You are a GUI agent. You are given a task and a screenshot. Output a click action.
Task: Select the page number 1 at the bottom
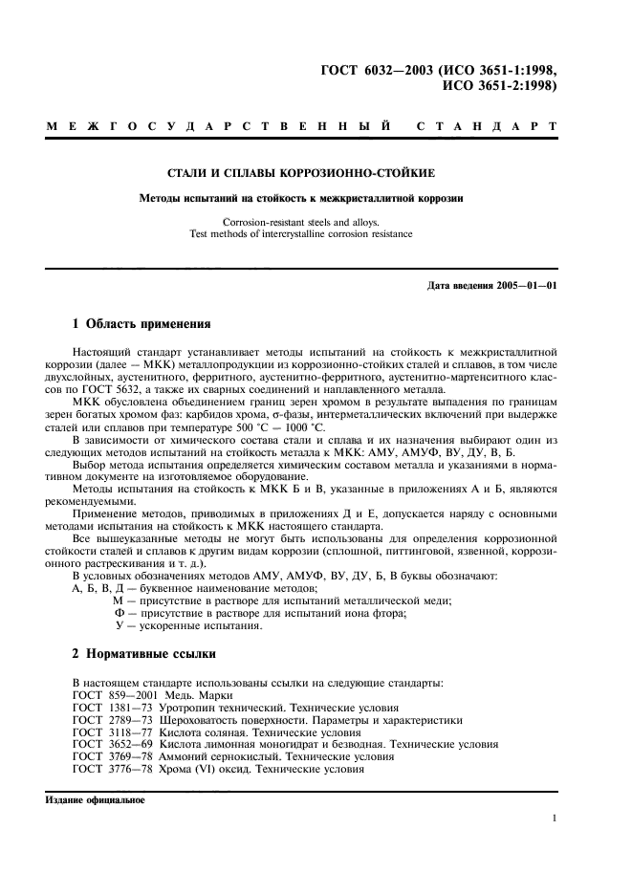click(x=555, y=818)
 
